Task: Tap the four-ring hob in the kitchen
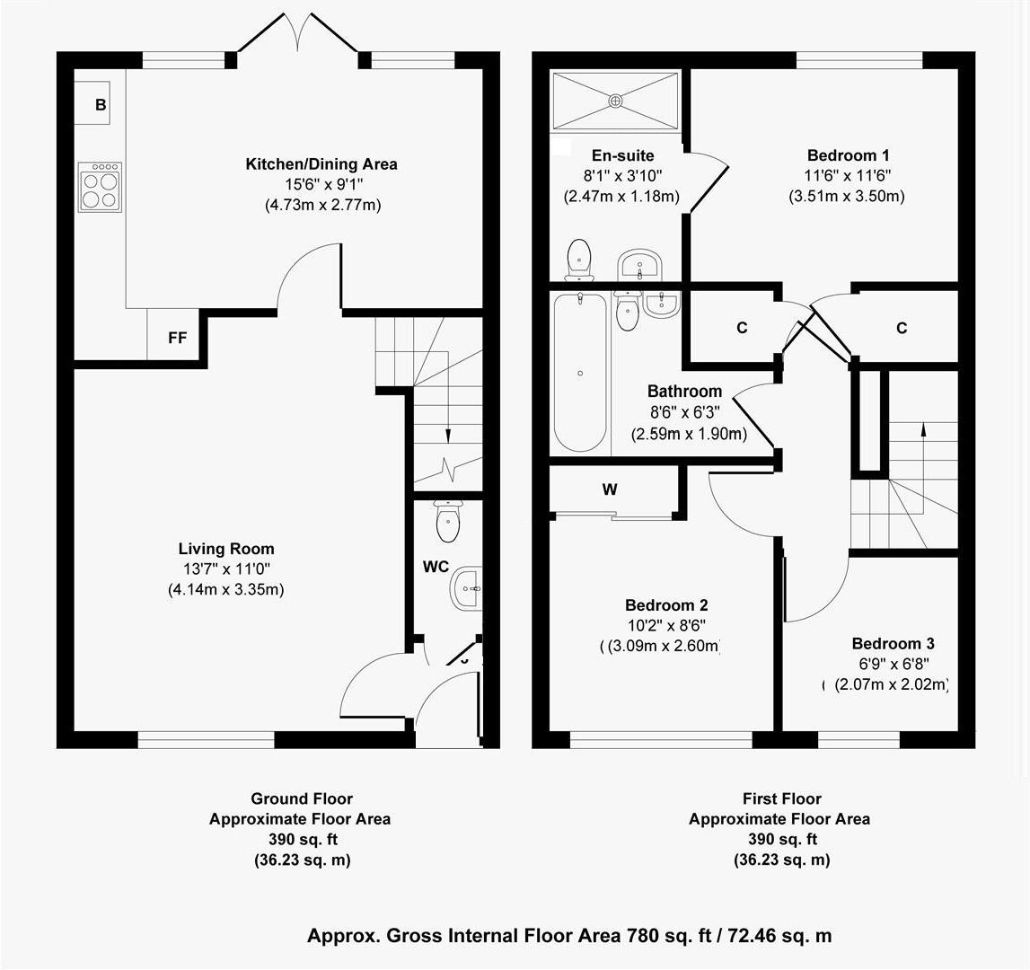tap(99, 187)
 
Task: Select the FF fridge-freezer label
tap(177, 338)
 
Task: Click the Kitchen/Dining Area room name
tap(321, 164)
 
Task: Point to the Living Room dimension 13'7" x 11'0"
tap(225, 569)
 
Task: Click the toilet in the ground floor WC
tap(447, 520)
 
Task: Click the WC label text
tap(436, 568)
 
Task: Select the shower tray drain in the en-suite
tap(615, 101)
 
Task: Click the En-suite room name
tap(622, 155)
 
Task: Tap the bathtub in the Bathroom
tap(580, 372)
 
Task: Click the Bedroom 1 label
tap(848, 155)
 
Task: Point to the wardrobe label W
tap(610, 489)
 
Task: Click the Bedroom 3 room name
tap(893, 644)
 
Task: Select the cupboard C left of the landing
tap(742, 328)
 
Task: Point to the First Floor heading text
tap(780, 798)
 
